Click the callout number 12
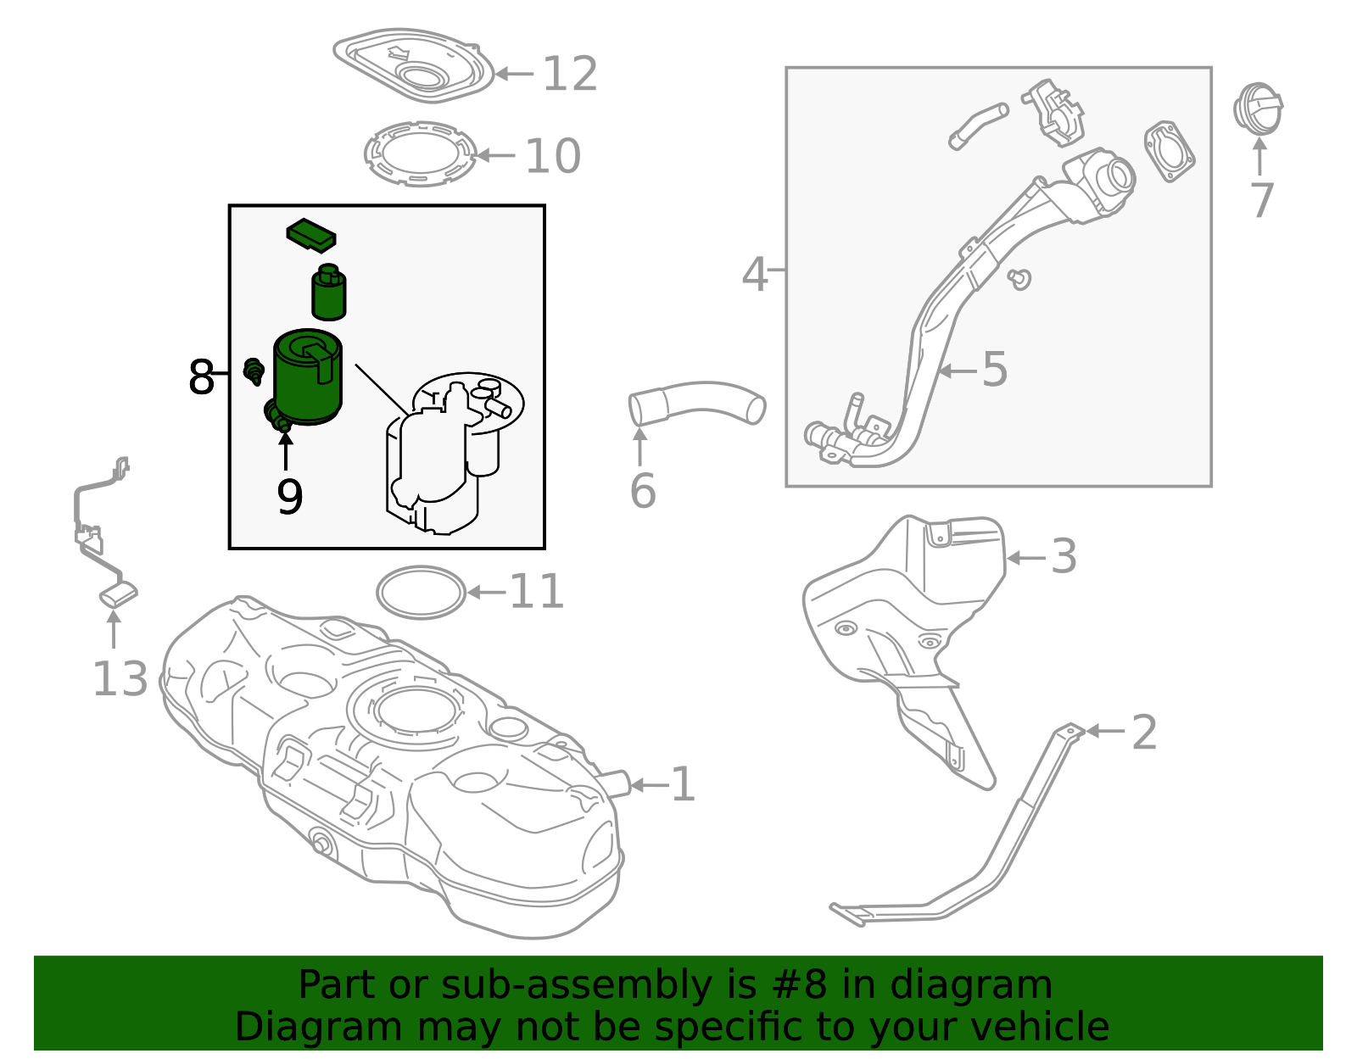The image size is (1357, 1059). (x=570, y=75)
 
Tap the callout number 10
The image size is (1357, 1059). (x=552, y=157)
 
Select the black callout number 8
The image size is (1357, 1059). (x=201, y=377)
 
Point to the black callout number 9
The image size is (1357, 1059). (x=289, y=497)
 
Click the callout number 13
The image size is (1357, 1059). (x=120, y=679)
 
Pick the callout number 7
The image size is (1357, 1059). (x=1262, y=201)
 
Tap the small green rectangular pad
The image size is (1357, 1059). (x=310, y=236)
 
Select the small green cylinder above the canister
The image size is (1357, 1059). (x=329, y=293)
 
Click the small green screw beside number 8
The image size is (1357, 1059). (x=253, y=370)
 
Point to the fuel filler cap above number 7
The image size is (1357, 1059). (x=1258, y=109)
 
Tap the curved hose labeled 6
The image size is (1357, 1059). (x=695, y=402)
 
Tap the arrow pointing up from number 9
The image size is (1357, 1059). (x=285, y=449)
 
